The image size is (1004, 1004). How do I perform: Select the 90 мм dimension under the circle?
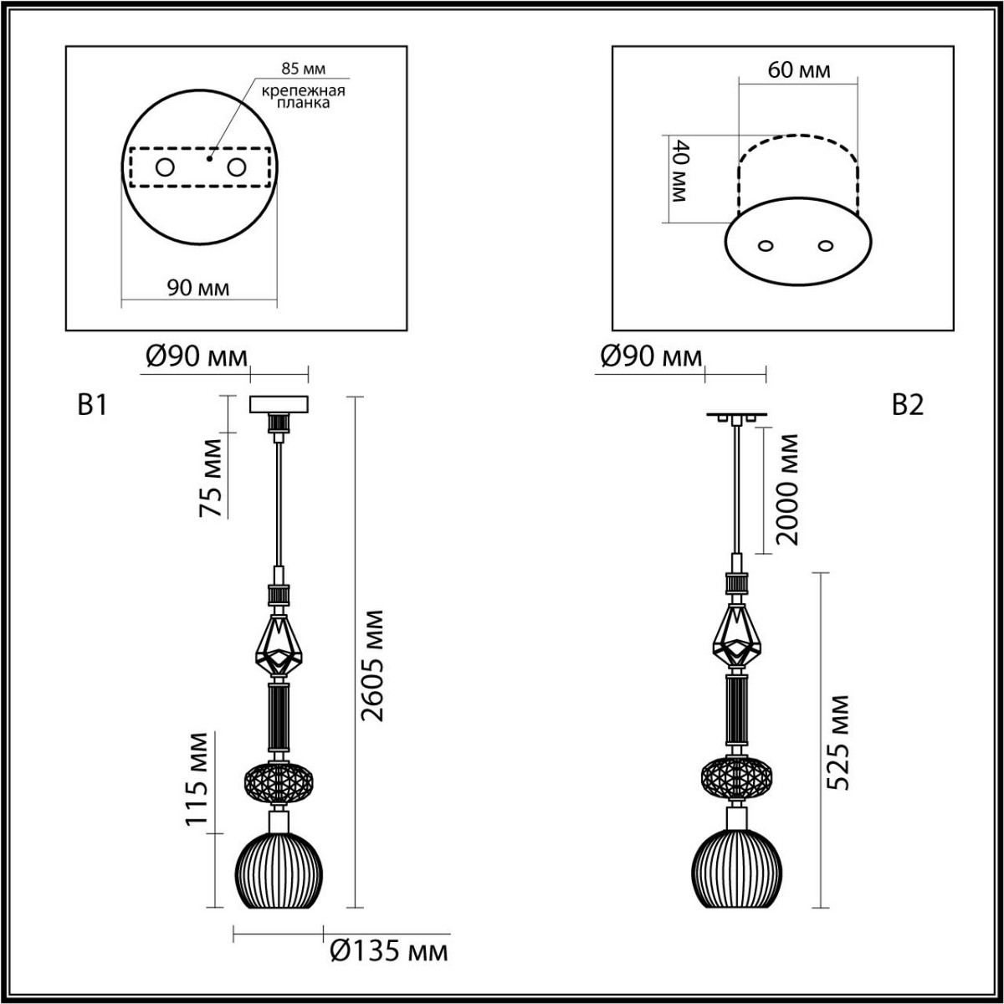(198, 288)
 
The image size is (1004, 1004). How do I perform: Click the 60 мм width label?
(799, 70)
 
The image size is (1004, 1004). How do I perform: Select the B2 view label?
(907, 406)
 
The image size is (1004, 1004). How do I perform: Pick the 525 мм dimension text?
(838, 742)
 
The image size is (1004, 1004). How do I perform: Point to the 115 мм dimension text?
(198, 779)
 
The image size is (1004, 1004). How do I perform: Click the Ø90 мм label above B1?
(197, 357)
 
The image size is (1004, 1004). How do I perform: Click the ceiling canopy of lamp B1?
(279, 403)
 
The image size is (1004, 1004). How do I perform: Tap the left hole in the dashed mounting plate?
(165, 167)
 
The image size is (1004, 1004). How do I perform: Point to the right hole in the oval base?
(827, 246)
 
